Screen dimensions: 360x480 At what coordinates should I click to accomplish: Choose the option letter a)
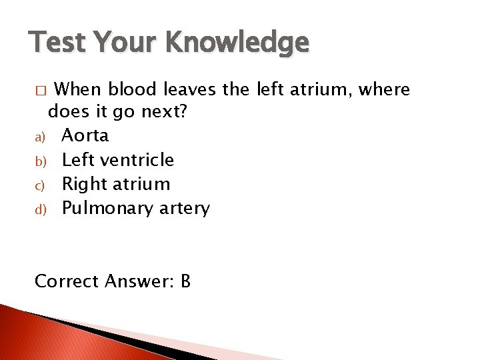39,137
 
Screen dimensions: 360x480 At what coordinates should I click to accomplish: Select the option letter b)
39,161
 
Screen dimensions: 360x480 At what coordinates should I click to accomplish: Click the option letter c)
39,185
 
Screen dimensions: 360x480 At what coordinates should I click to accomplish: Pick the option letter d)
39,209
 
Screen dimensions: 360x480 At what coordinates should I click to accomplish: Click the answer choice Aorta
85,135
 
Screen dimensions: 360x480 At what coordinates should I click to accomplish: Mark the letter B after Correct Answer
185,281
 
